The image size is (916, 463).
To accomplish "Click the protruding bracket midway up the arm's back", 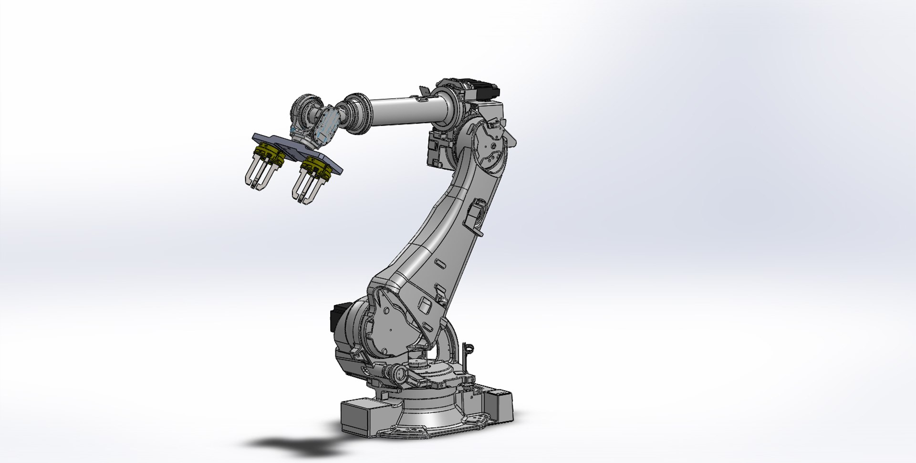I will (x=475, y=215).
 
